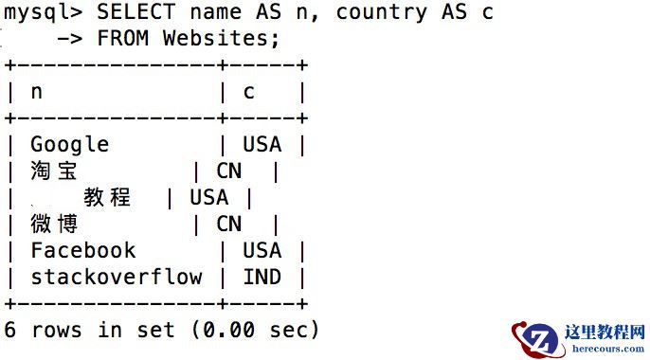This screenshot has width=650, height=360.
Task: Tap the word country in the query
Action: (x=382, y=12)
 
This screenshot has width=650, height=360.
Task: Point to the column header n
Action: (x=37, y=92)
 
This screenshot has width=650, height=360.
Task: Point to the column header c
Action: (x=249, y=92)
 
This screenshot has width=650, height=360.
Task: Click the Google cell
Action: (x=70, y=144)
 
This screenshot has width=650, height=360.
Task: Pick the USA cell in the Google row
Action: (x=262, y=144)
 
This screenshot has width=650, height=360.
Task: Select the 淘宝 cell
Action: (x=54, y=171)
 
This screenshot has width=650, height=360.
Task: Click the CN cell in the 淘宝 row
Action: (x=229, y=171)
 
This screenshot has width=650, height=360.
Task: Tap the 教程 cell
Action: (x=107, y=197)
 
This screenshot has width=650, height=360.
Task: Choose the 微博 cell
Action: (x=54, y=224)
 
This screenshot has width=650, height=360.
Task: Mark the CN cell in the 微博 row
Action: (x=229, y=224)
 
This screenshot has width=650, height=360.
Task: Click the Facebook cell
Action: (x=83, y=250)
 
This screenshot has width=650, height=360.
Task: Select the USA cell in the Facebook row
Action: (x=262, y=250)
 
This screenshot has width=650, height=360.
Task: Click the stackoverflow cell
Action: (x=117, y=277)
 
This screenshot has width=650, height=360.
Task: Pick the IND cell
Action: (x=262, y=277)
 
